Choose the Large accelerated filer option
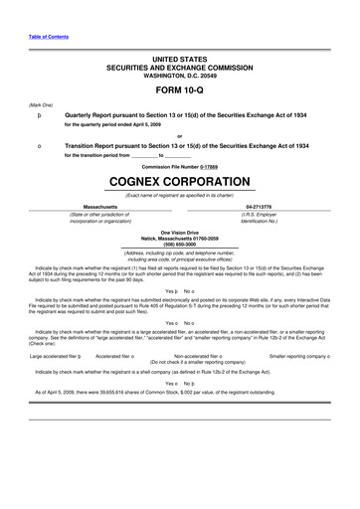coord(56,354)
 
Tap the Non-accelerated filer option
coord(199,354)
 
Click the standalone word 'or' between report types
coord(179,136)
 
